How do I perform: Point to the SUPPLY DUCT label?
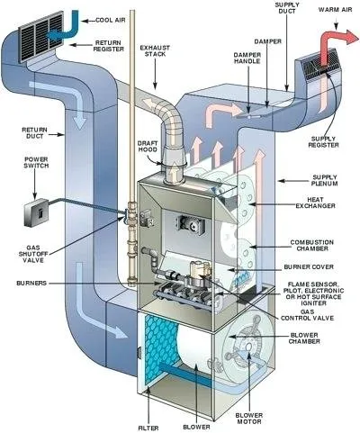(x=264, y=11)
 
